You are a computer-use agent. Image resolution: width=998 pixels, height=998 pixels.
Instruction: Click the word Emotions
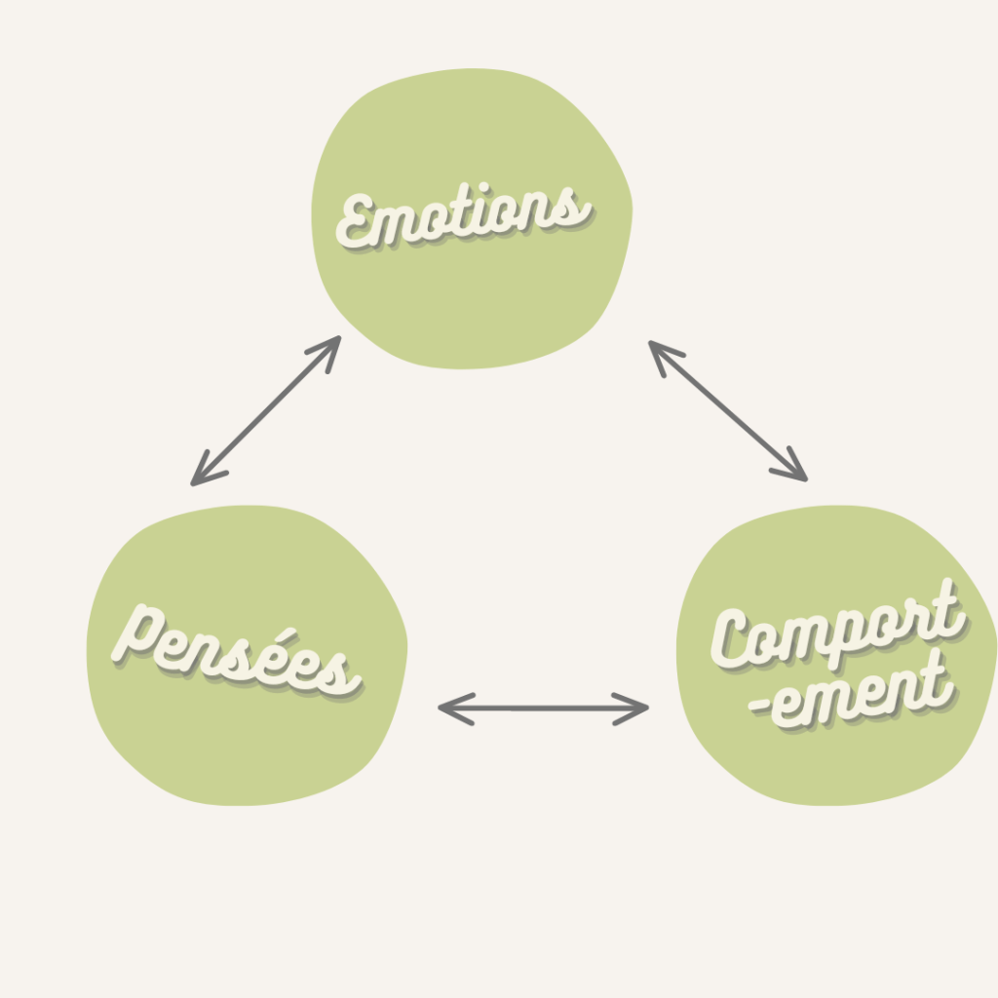pyautogui.click(x=463, y=216)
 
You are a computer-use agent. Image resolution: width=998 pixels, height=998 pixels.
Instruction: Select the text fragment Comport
pyautogui.click(x=836, y=629)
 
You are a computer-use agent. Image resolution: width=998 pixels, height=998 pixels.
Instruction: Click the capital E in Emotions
pyautogui.click(x=358, y=222)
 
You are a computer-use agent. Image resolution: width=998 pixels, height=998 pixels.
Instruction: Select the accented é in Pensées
pyautogui.click(x=281, y=661)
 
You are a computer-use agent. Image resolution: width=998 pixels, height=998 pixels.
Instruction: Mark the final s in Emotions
pyautogui.click(x=575, y=208)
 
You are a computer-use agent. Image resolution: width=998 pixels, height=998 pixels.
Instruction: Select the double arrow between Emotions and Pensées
pyautogui.click(x=265, y=410)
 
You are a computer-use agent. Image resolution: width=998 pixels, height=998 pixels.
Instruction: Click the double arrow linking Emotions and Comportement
pyautogui.click(x=728, y=410)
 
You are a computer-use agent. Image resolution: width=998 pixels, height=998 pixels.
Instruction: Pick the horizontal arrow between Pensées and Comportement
pyautogui.click(x=543, y=709)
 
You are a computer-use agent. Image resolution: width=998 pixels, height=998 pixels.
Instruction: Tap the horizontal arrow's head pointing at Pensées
pyautogui.click(x=448, y=709)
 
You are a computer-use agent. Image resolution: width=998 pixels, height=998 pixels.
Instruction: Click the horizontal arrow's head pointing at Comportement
pyautogui.click(x=638, y=709)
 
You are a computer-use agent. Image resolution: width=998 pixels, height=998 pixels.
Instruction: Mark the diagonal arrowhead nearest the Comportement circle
pyautogui.click(x=795, y=470)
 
